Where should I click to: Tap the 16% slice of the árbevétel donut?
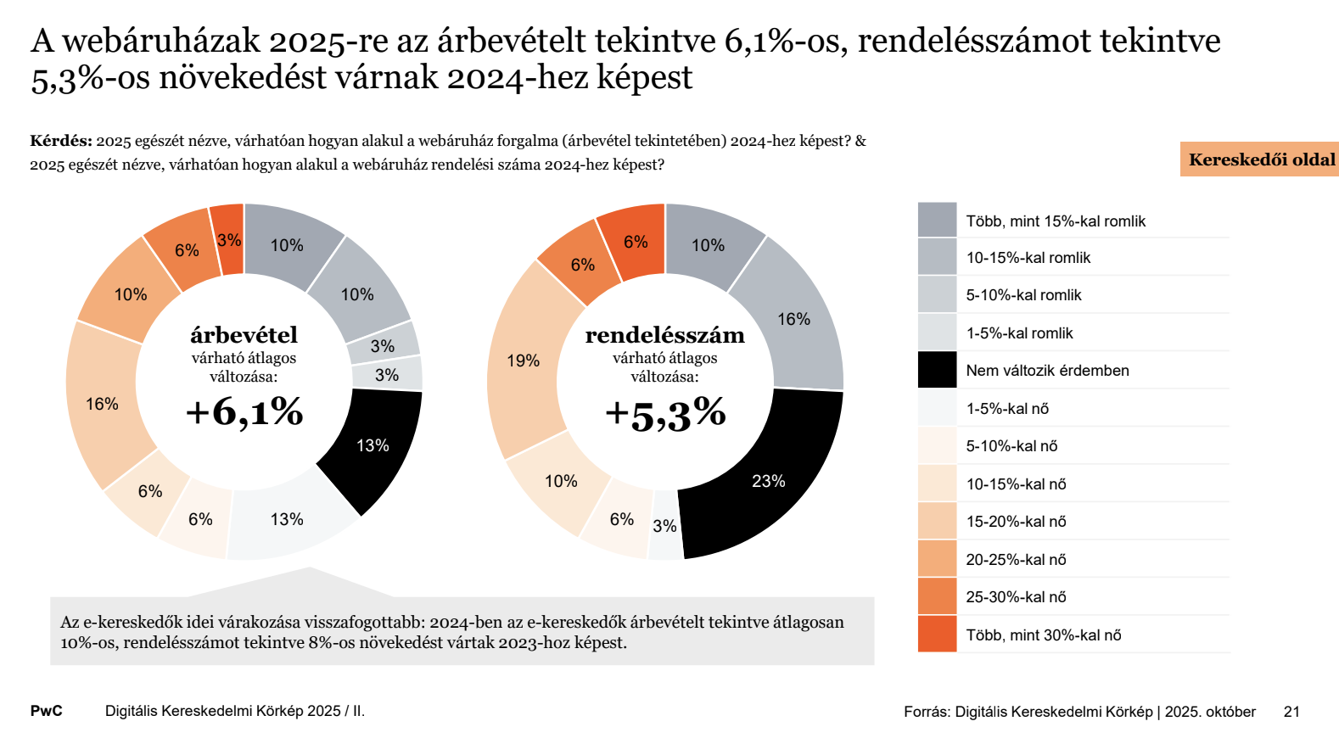[104, 405]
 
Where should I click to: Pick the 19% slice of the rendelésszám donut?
[524, 361]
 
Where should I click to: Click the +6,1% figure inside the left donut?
[244, 412]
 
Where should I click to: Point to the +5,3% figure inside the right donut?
[665, 414]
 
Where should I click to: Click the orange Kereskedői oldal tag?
[1260, 159]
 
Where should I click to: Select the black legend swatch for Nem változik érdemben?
[937, 370]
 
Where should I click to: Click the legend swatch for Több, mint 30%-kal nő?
[937, 635]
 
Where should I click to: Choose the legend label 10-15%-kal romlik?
[1028, 258]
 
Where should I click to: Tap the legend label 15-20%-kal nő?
[1016, 522]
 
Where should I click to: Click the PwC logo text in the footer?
[47, 711]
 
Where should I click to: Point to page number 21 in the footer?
[1291, 712]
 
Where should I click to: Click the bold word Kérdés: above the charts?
[61, 141]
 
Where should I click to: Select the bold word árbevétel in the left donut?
[244, 335]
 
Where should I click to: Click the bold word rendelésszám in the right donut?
[665, 335]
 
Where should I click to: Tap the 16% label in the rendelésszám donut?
[793, 319]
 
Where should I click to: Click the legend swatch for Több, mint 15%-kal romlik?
[937, 220]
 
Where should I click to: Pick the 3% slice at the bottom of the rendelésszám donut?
[665, 527]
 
